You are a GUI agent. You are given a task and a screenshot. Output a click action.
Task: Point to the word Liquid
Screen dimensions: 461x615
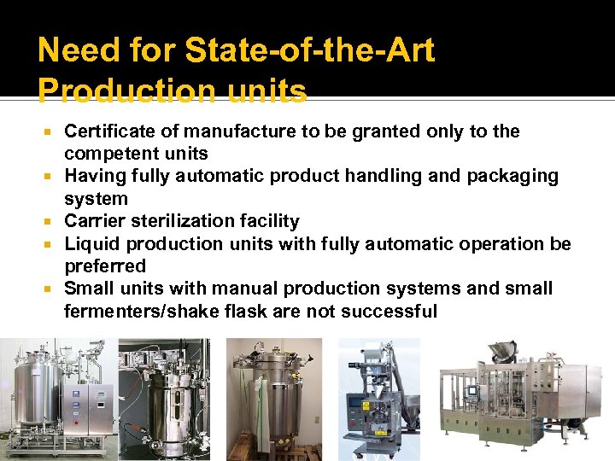[x=91, y=243]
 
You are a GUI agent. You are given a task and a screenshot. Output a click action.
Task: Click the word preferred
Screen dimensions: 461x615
[x=105, y=266]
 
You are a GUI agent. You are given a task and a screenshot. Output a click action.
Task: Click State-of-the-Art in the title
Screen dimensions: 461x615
[x=310, y=51]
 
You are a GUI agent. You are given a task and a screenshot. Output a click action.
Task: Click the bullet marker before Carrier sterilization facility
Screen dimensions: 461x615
[x=51, y=222]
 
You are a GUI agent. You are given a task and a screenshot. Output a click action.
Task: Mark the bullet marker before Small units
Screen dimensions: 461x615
[x=51, y=289]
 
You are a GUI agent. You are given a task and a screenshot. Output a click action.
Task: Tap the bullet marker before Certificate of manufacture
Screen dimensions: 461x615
[x=51, y=132]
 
